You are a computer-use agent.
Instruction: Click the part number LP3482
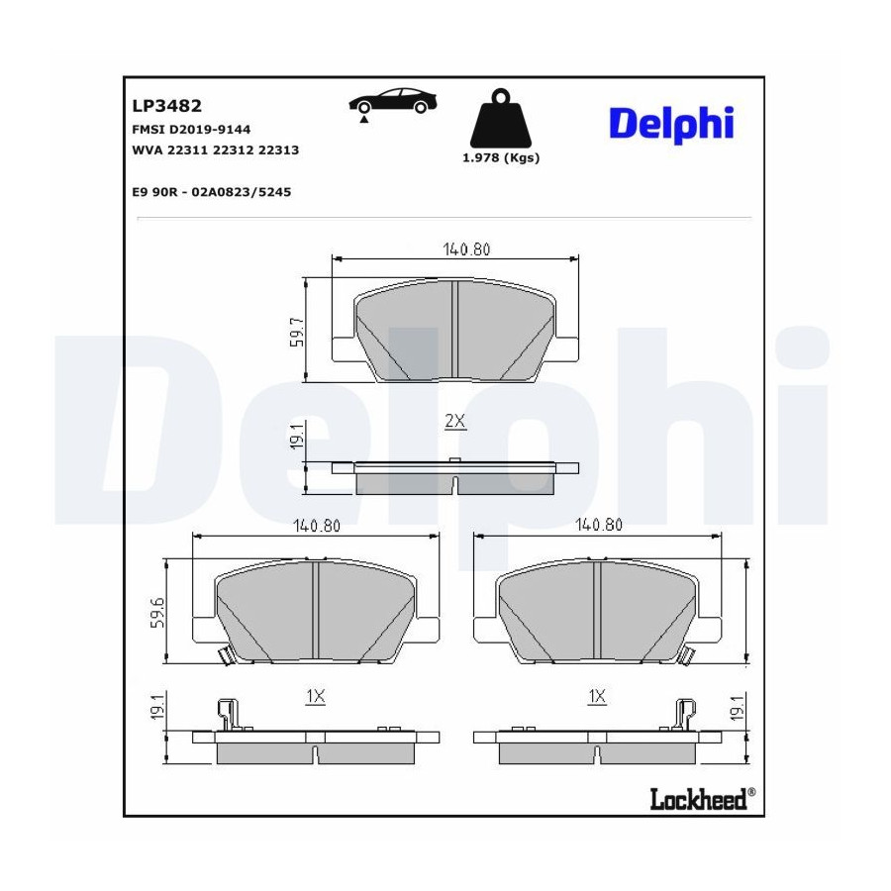coord(166,106)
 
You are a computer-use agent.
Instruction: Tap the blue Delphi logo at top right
coord(671,124)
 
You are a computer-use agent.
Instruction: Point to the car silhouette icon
coord(393,101)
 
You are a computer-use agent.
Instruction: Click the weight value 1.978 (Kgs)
coord(501,158)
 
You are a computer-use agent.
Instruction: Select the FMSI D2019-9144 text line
coord(191,130)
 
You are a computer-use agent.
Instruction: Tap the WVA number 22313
coord(278,150)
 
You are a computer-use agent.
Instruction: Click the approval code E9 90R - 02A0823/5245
coord(212,192)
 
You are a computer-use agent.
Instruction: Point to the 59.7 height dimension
coord(298,333)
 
